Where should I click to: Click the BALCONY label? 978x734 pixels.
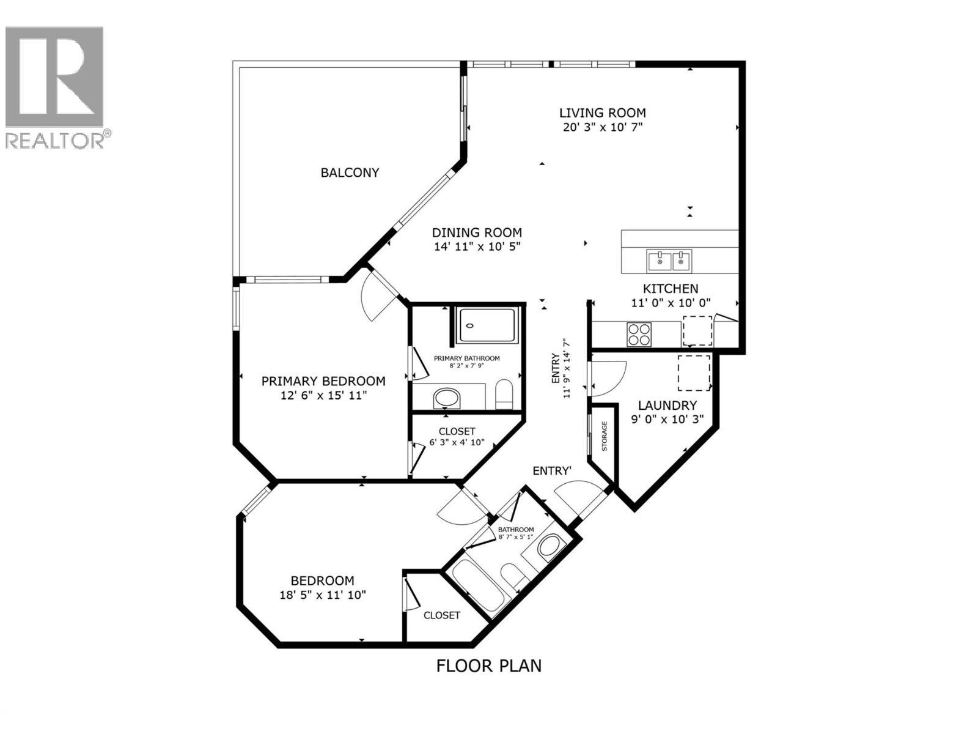(x=350, y=172)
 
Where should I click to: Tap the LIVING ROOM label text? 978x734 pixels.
(x=602, y=113)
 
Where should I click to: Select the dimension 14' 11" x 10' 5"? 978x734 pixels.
(x=477, y=247)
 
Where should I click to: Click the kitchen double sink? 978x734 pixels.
(x=669, y=261)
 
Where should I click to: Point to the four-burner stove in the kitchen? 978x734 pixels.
(x=639, y=335)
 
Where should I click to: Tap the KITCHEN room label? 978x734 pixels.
(x=670, y=289)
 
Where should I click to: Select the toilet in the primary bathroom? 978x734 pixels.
(x=504, y=394)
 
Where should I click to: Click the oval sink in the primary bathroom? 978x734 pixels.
(x=449, y=399)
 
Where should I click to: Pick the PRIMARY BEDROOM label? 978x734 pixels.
(x=323, y=381)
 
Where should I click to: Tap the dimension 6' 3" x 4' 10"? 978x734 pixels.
(x=457, y=442)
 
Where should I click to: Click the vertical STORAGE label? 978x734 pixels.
(x=605, y=436)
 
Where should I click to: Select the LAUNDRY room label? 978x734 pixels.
(x=667, y=405)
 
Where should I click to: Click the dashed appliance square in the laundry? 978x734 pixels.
(x=694, y=373)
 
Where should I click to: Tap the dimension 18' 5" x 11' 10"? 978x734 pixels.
(x=322, y=595)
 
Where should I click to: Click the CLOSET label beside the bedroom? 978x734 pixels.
(x=441, y=615)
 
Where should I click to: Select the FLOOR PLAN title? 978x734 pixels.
(x=488, y=665)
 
